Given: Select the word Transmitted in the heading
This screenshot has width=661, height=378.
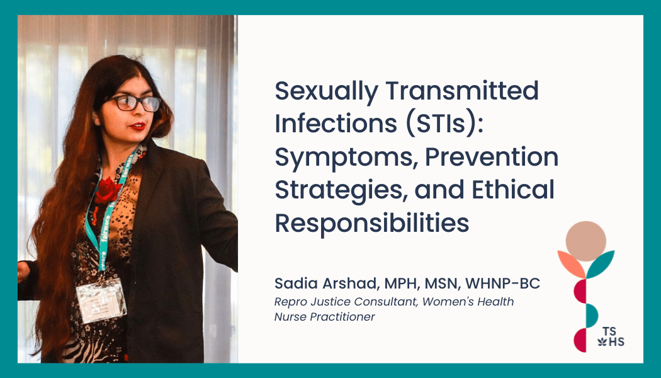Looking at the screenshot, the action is (462, 90).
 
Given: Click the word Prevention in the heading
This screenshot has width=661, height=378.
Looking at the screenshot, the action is (492, 156).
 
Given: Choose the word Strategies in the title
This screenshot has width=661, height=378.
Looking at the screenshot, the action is (341, 191).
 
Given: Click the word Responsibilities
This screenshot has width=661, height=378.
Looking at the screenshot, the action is (372, 224).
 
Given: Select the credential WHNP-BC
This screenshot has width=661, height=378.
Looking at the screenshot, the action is (502, 283).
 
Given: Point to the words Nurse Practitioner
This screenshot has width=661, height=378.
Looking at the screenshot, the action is (325, 317).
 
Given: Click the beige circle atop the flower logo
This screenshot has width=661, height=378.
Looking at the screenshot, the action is (585, 241).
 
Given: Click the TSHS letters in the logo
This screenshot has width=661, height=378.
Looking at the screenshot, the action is (611, 336).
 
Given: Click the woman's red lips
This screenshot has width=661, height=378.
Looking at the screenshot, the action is (137, 126).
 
